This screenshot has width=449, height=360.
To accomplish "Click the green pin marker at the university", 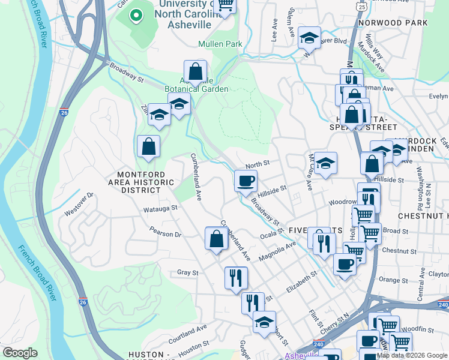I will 136,16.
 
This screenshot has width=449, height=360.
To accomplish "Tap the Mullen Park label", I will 220,44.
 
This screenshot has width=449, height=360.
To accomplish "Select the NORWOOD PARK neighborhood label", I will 393,23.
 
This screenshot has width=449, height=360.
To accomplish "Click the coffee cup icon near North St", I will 246,181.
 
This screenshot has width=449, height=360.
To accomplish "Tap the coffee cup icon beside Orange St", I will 344,263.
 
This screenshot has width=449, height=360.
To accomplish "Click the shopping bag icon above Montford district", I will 148,146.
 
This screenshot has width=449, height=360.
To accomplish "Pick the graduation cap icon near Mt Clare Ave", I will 325,163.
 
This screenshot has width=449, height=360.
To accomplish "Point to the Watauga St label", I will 160,208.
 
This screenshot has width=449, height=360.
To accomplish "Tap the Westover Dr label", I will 79,203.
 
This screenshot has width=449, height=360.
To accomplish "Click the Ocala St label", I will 271,235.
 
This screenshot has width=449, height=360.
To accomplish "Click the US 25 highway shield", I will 360,6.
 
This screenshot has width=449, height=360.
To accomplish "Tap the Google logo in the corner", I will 20,353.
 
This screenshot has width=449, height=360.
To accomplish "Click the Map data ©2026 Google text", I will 412,355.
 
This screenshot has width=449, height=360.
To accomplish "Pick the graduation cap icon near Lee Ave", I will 309,37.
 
